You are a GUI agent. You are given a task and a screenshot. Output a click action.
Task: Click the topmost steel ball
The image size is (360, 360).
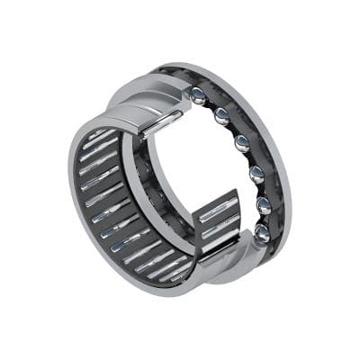click(x=197, y=94)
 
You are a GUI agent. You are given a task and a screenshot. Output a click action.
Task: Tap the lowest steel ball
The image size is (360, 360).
click(x=261, y=233)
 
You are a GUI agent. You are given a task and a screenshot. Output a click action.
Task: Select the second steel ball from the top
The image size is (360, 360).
click(x=221, y=115)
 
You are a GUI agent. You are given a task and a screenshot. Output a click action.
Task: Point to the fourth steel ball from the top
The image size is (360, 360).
click(x=256, y=174)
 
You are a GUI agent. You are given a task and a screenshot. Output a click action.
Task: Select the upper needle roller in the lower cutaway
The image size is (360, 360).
click(x=216, y=213)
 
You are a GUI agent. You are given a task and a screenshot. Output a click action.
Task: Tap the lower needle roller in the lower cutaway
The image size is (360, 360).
click(x=219, y=235)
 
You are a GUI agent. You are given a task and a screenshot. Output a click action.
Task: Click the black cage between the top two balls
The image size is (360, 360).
click(x=211, y=103)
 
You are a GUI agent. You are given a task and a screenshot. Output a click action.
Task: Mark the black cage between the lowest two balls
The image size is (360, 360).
click(x=264, y=220)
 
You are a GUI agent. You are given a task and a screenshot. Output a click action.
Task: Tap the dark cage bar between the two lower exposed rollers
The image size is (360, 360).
click(x=218, y=225)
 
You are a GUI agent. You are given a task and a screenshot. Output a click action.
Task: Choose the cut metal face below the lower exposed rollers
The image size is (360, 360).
click(x=225, y=256)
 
